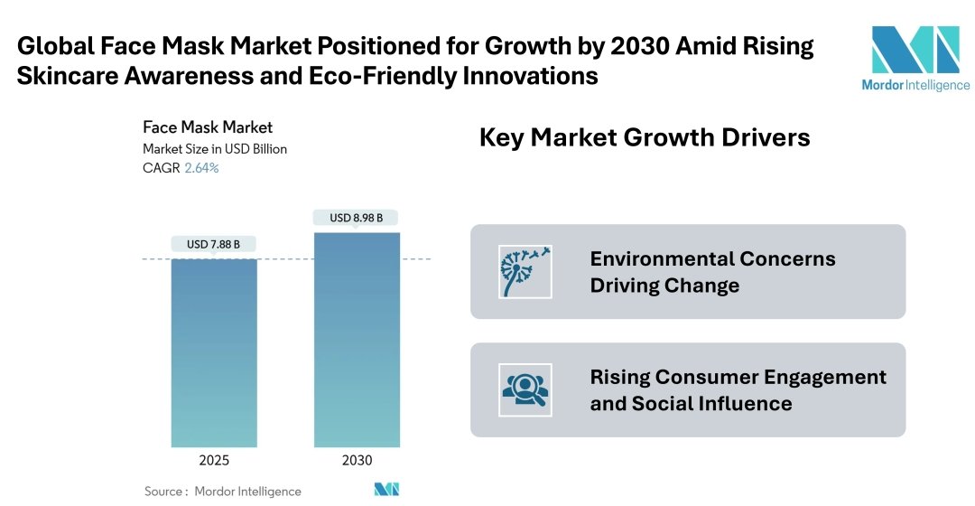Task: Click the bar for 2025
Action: [x=214, y=352]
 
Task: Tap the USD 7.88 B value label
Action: [x=214, y=244]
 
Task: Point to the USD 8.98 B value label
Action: [x=356, y=218]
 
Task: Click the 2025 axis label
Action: [x=214, y=460]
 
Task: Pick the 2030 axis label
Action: [x=357, y=460]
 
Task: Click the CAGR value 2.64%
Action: [x=201, y=168]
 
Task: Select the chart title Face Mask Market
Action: [x=208, y=127]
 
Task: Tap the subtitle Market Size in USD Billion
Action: [x=215, y=148]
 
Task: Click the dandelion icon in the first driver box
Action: [x=525, y=272]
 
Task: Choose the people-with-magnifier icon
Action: [x=525, y=389]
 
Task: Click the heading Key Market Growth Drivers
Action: [x=644, y=137]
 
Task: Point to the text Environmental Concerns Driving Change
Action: [x=712, y=272]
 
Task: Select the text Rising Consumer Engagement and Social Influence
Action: [x=738, y=389]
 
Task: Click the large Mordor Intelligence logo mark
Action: [x=915, y=50]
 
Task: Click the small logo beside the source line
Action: [x=386, y=490]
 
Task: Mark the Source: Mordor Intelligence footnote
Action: [x=223, y=492]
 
